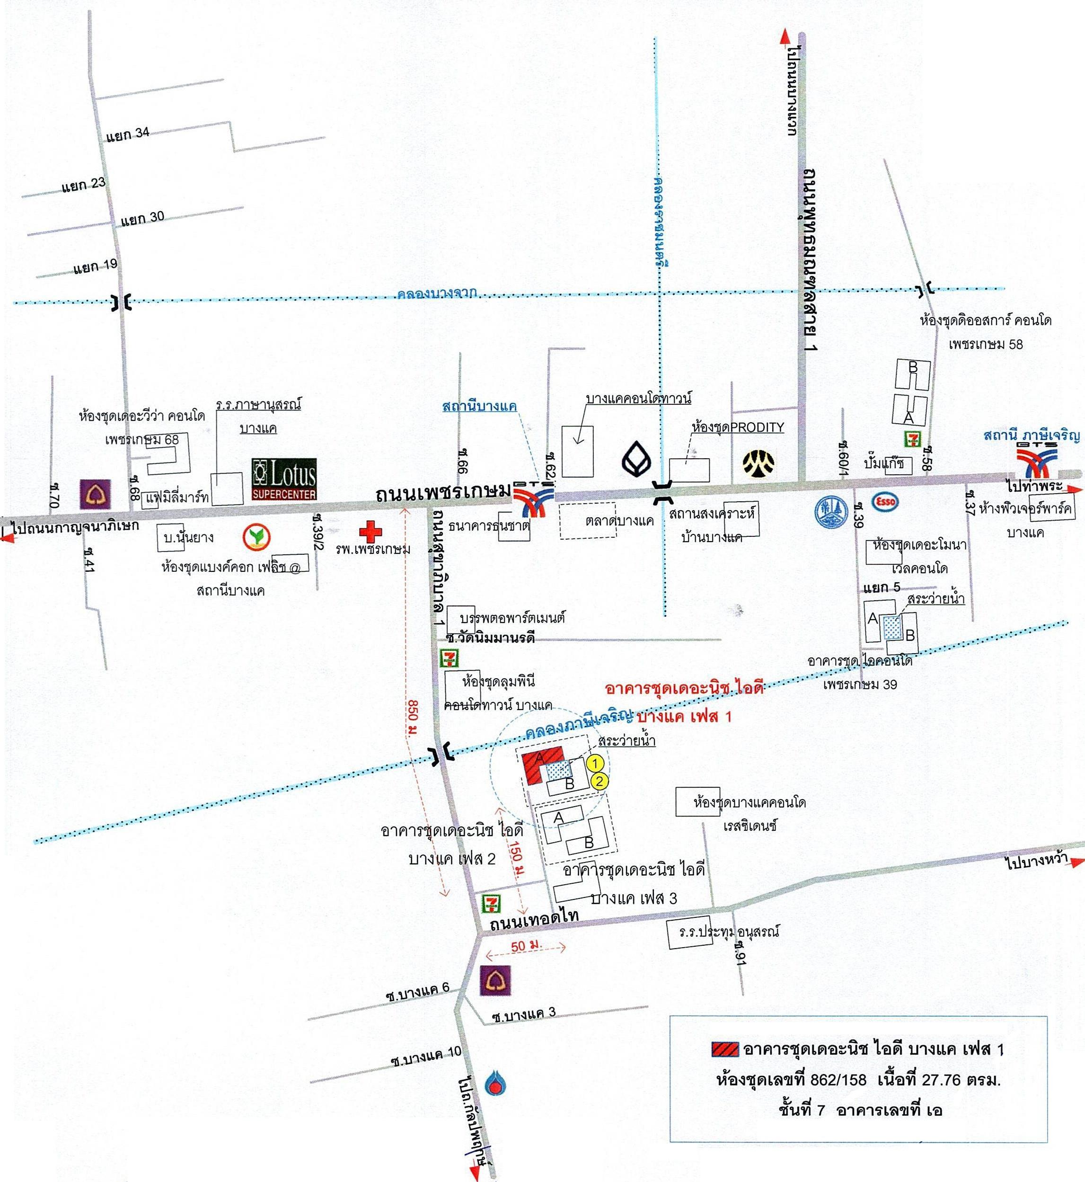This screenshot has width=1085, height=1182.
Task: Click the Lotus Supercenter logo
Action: pyautogui.click(x=284, y=479)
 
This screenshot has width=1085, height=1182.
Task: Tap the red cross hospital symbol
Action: pyautogui.click(x=370, y=532)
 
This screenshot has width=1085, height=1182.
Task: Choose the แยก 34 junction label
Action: pyautogui.click(x=128, y=134)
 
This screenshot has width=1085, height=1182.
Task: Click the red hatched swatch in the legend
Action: pyautogui.click(x=725, y=1049)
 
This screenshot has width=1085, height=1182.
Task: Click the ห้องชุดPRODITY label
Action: pyautogui.click(x=738, y=427)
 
